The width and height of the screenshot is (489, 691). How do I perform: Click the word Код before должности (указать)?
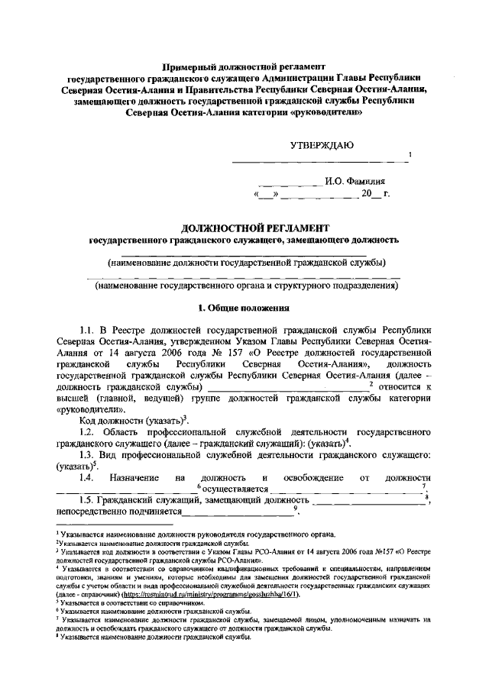click(92, 421)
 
